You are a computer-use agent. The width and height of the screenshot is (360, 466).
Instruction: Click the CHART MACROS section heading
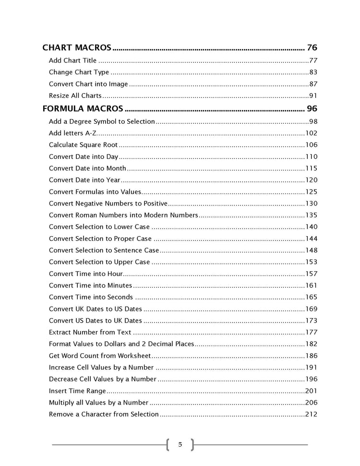click(77, 48)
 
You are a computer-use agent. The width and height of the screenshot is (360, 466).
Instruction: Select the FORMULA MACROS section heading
click(83, 108)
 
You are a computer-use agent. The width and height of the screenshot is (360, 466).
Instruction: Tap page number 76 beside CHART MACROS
click(312, 48)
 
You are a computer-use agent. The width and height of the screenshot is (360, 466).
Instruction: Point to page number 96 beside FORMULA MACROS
click(312, 108)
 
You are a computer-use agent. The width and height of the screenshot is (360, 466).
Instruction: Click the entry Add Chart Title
click(72, 60)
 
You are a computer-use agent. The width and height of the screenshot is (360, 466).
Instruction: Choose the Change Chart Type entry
click(79, 72)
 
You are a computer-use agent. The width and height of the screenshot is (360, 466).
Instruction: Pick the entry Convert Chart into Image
click(88, 84)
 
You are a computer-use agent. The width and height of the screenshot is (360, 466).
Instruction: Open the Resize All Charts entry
click(75, 96)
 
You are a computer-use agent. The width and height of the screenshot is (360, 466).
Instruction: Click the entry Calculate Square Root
click(83, 145)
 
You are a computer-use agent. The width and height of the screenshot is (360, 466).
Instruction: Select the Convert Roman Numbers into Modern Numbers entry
click(123, 215)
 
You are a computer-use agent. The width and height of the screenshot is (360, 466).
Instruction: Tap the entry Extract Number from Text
click(90, 332)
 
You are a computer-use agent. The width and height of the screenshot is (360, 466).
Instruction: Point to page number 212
click(311, 414)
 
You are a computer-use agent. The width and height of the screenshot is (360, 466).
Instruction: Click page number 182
click(311, 344)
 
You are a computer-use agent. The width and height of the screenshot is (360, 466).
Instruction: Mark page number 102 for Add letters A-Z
click(311, 133)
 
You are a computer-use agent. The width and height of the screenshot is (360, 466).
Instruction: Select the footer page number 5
click(180, 444)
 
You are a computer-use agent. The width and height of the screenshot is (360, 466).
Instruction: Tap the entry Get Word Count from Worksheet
click(100, 356)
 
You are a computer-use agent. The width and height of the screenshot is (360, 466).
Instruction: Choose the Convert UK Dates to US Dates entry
click(96, 309)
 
